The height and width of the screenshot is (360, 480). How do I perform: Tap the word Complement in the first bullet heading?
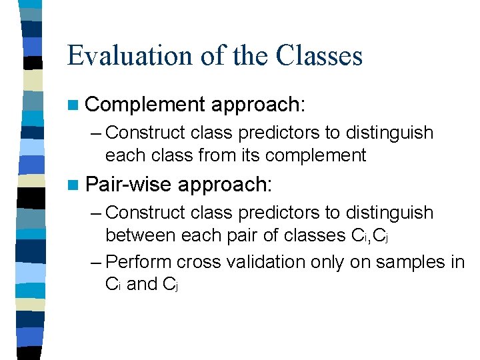(x=145, y=104)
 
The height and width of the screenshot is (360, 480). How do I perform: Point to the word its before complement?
(x=252, y=155)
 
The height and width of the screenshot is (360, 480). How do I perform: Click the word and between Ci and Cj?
(x=142, y=284)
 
